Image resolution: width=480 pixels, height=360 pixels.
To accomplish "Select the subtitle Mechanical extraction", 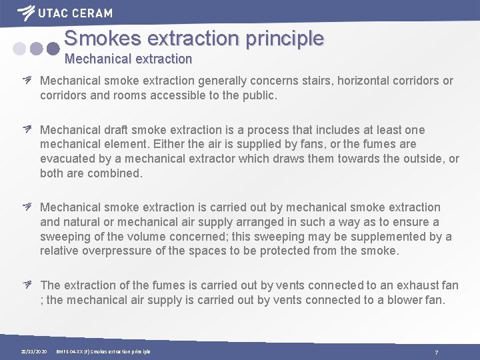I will click(128, 59).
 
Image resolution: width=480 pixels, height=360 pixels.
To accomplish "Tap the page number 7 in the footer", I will click(436, 351).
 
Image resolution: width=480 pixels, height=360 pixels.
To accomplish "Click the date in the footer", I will click(33, 351).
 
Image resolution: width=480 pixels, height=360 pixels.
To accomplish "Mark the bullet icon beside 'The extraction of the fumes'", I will click(29, 285).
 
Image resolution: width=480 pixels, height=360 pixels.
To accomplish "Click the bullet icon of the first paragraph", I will click(29, 81).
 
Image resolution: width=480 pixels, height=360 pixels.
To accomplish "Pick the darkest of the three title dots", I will click(53, 48).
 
